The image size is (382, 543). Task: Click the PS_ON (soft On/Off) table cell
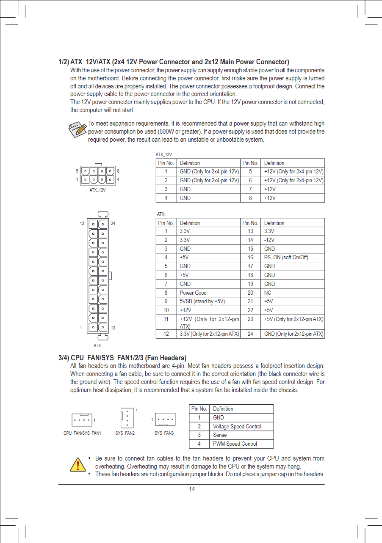(x=286, y=258)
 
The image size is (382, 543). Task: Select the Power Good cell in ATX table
(x=193, y=293)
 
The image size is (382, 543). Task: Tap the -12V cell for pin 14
(x=269, y=240)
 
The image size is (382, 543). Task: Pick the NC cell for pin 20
(x=268, y=293)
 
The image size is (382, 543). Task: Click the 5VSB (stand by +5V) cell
(x=202, y=302)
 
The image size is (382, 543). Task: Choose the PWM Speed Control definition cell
(x=235, y=444)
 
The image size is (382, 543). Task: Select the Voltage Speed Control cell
(x=237, y=426)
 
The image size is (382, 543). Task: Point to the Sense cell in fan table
(x=220, y=435)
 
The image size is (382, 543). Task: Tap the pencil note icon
(x=78, y=128)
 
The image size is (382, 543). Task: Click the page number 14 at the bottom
(x=192, y=489)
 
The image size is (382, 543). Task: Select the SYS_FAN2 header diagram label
(x=125, y=433)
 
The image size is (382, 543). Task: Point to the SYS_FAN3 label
(x=164, y=433)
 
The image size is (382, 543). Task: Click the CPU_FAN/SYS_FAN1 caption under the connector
(x=82, y=433)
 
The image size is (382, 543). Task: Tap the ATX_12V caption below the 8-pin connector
(x=97, y=190)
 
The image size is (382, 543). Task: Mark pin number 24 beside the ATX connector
(x=113, y=223)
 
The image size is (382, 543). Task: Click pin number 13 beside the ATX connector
(x=113, y=328)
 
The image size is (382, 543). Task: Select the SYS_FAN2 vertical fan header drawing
(x=127, y=418)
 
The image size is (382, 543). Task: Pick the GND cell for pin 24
(x=293, y=334)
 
